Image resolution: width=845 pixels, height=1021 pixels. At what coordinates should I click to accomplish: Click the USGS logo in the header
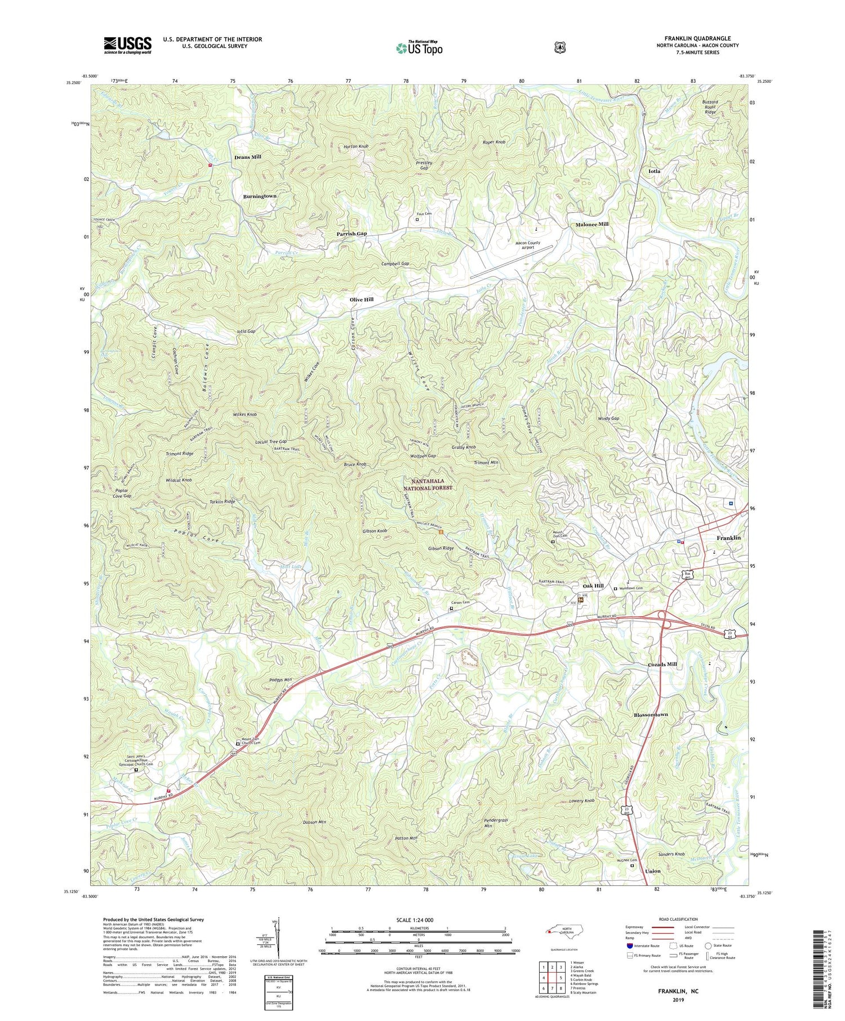click(x=127, y=45)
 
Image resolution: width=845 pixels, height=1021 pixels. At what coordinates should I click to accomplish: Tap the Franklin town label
click(x=728, y=538)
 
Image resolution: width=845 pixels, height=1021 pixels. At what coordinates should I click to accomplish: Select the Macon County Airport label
click(x=527, y=245)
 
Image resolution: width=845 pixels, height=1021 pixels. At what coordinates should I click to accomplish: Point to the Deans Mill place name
click(x=248, y=157)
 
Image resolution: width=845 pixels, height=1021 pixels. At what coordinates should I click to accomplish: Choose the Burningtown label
click(x=260, y=196)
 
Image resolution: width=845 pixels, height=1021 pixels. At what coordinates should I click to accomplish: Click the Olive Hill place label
click(x=361, y=300)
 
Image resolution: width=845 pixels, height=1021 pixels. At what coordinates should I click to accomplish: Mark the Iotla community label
click(x=654, y=171)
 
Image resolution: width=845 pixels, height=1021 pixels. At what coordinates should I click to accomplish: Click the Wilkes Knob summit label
click(x=244, y=414)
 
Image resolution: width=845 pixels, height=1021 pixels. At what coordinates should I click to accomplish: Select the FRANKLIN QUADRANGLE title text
click(x=697, y=38)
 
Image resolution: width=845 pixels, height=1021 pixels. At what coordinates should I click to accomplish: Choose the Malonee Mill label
click(x=591, y=224)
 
